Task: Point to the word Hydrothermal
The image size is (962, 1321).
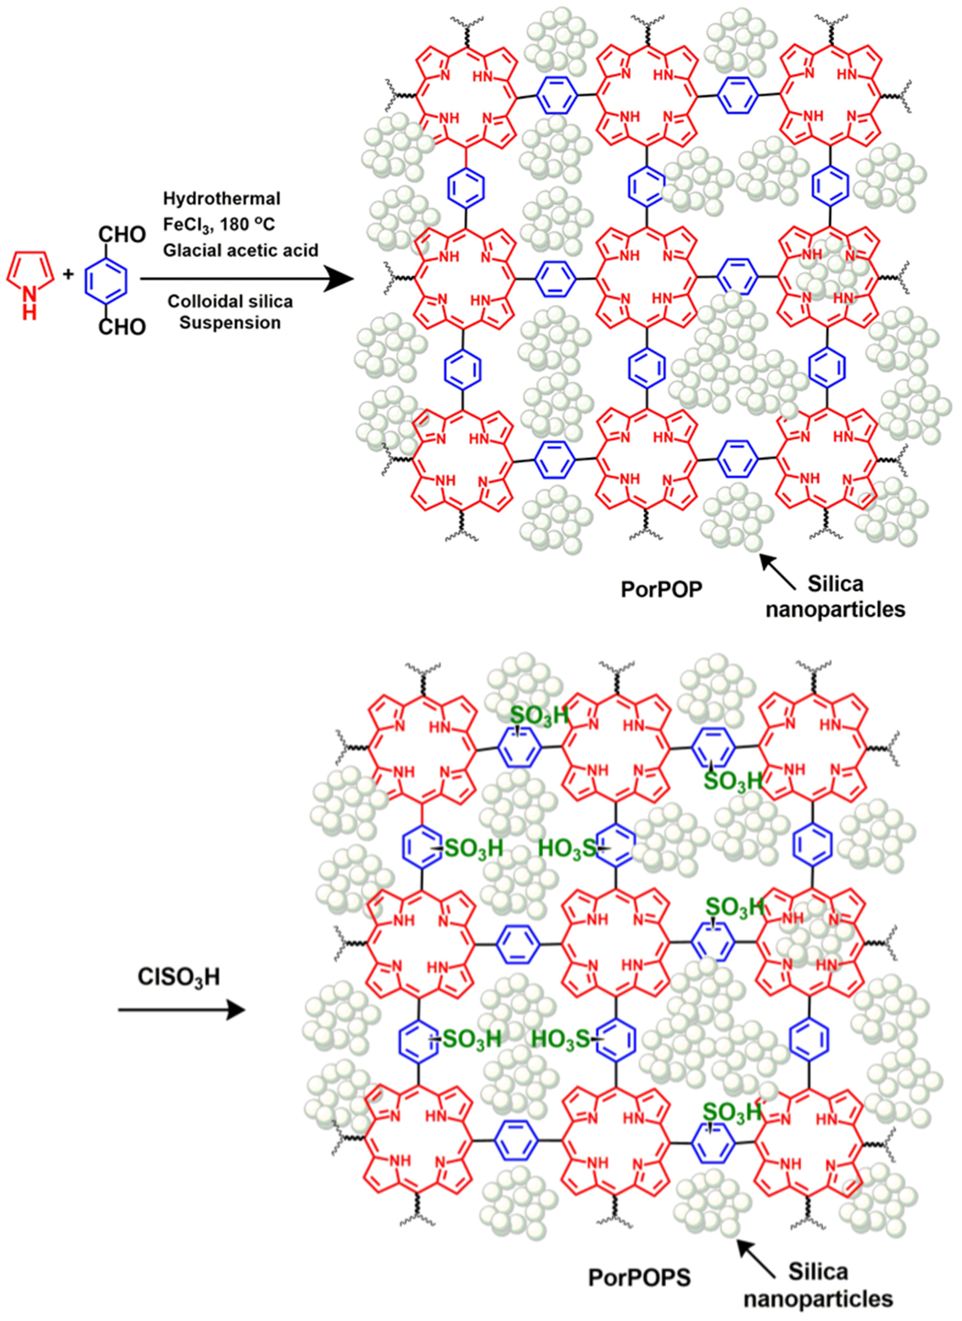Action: pos(222,199)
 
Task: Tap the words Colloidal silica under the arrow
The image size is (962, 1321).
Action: pos(230,302)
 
